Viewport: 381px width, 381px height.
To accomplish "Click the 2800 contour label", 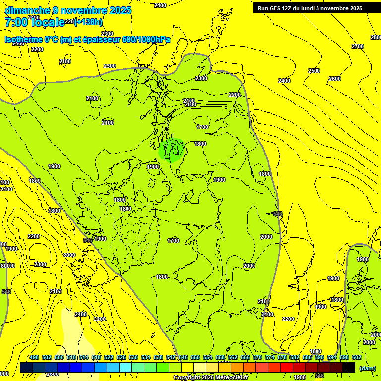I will coord(376,38).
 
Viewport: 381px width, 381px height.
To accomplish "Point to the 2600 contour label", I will coord(335,79).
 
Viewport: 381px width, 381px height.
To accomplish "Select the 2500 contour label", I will coord(314,71).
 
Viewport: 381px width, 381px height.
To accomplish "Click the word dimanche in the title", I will coord(27,10).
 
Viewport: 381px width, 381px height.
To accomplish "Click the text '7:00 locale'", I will coord(35,22).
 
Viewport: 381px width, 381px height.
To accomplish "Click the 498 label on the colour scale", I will coord(34,357).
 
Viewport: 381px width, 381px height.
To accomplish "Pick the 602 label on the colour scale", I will coord(356,357).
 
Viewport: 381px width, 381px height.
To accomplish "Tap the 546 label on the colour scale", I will coord(183,357).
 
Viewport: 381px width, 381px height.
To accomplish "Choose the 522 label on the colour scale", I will coord(109,357).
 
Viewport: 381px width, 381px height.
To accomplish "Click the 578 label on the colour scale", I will coord(282,357).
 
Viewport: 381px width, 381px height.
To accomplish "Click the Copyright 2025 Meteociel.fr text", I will coord(210,378).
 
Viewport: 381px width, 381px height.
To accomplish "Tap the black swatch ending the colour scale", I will coord(349,367).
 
